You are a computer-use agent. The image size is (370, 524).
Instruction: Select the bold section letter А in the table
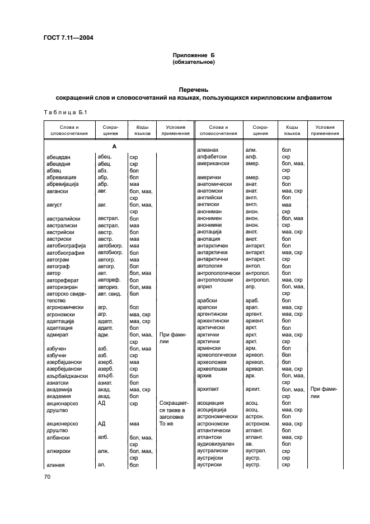point(114,146)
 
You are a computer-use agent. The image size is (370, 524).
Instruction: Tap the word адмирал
point(59,334)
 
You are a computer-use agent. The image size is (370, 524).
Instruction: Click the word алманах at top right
point(208,150)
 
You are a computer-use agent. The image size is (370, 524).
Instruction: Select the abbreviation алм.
point(251,150)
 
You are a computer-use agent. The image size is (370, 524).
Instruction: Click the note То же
point(167,424)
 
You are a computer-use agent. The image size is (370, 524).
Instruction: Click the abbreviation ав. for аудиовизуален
point(250,443)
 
